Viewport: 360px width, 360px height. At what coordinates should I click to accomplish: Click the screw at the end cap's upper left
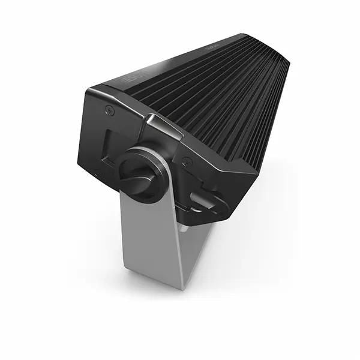coord(109,110)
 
